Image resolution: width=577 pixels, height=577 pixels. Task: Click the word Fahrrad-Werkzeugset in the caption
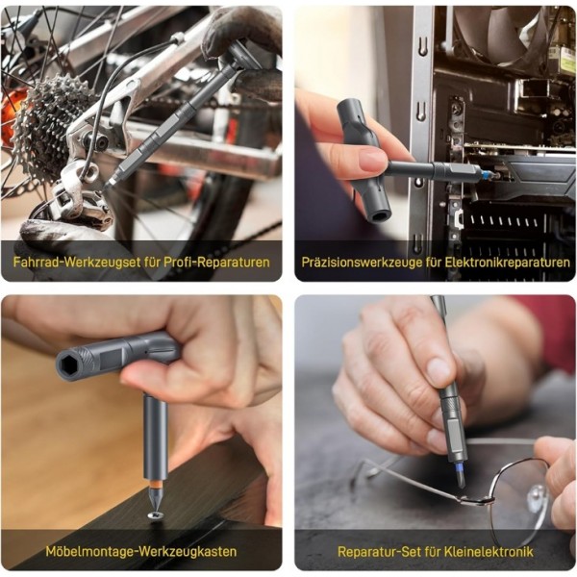coord(77,262)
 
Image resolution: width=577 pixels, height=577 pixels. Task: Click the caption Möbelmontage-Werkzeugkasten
coord(141,551)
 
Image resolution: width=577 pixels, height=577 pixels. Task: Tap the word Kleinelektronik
coord(489,551)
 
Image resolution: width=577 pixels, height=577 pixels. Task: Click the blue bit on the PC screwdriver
coord(487,174)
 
